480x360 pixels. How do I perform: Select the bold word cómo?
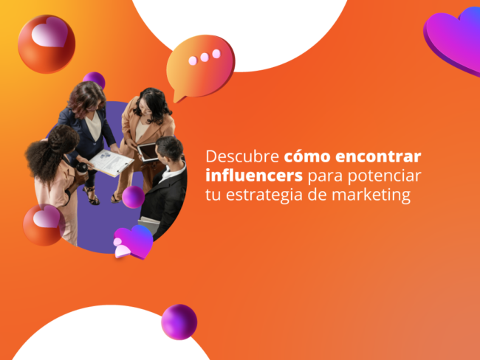pyautogui.click(x=305, y=158)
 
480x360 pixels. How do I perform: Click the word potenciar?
pyautogui.click(x=377, y=177)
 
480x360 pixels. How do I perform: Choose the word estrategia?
pyautogui.click(x=259, y=196)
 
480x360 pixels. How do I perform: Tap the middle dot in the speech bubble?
pyautogui.click(x=204, y=57)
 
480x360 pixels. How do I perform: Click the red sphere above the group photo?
pyautogui.click(x=46, y=43)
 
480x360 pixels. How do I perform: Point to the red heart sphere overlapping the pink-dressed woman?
pyautogui.click(x=43, y=224)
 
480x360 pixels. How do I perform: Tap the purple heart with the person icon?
pyautogui.click(x=132, y=240)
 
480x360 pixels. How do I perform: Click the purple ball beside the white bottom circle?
pyautogui.click(x=179, y=322)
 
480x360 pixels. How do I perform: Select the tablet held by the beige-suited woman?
pyautogui.click(x=148, y=152)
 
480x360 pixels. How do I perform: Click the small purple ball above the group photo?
pyautogui.click(x=94, y=80)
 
